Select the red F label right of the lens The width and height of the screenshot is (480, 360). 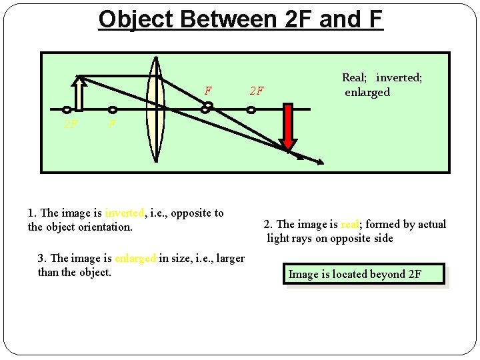click(x=209, y=90)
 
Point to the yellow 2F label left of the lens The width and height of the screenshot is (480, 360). click(x=69, y=124)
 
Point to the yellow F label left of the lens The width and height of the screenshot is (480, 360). click(x=111, y=124)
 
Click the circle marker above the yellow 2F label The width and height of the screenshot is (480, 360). click(x=67, y=109)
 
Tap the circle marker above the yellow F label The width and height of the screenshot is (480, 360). click(x=113, y=109)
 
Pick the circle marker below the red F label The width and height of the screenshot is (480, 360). click(x=208, y=105)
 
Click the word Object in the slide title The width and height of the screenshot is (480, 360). click(x=137, y=19)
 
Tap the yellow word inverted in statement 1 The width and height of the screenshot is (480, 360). click(x=124, y=213)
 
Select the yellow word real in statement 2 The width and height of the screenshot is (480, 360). click(x=351, y=225)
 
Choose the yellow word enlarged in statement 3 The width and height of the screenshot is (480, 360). click(x=135, y=259)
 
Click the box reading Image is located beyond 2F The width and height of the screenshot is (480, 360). click(x=364, y=274)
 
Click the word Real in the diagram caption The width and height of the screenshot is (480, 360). click(x=355, y=78)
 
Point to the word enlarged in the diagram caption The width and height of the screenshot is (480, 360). click(x=367, y=92)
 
